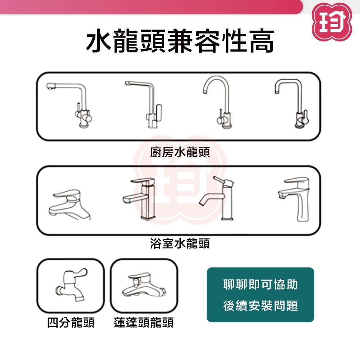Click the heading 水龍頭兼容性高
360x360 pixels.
180,41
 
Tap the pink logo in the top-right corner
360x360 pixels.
332,22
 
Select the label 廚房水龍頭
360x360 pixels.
180,152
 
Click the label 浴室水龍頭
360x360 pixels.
180,243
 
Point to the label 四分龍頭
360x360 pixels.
71,322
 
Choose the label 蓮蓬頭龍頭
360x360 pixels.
144,322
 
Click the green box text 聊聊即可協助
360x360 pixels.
260,284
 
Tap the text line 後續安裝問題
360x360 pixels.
260,306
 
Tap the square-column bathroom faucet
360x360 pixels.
147,202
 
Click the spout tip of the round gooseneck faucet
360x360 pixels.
205,92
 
